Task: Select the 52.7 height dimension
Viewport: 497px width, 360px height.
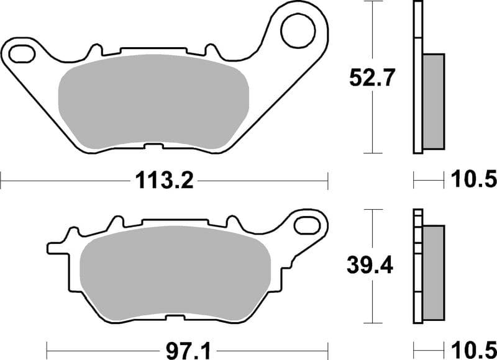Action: [x=371, y=79]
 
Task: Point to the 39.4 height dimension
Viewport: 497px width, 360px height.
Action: [x=371, y=266]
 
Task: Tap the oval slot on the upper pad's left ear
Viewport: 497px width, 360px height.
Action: [x=22, y=53]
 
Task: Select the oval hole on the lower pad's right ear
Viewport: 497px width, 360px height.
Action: [x=307, y=223]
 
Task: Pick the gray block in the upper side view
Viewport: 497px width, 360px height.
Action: [x=434, y=101]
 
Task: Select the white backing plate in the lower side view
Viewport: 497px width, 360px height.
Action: [x=417, y=267]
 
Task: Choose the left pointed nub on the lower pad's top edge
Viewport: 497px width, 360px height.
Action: [x=115, y=222]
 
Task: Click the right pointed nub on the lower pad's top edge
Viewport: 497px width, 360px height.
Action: [x=233, y=222]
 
